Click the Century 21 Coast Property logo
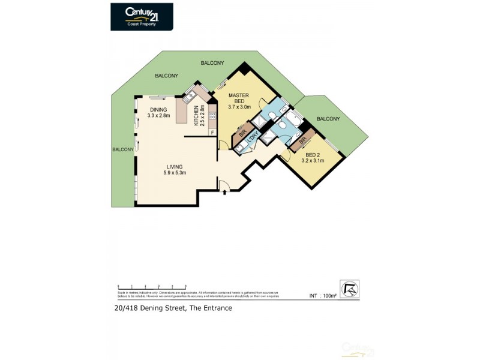pyautogui.click(x=142, y=17)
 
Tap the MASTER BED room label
pyautogui.click(x=238, y=101)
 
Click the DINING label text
pyautogui.click(x=158, y=112)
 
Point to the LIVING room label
pyautogui.click(x=175, y=170)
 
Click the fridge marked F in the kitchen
pyautogui.click(x=212, y=131)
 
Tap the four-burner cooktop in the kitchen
pyautogui.click(x=212, y=115)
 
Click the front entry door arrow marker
pyautogui.click(x=224, y=193)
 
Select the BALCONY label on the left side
pyautogui.click(x=123, y=149)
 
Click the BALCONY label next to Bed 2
pyautogui.click(x=328, y=119)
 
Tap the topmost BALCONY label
pyautogui.click(x=212, y=63)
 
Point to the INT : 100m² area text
pyautogui.click(x=323, y=296)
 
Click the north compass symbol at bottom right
pyautogui.click(x=349, y=288)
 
